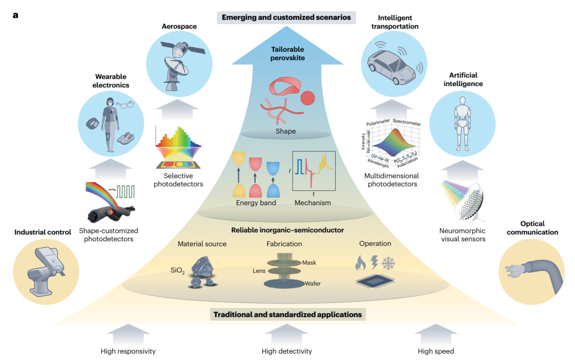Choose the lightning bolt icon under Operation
374,263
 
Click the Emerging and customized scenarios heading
286,18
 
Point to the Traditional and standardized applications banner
288,314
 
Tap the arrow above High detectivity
286,334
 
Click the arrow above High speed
435,334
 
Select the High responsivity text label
128,351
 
